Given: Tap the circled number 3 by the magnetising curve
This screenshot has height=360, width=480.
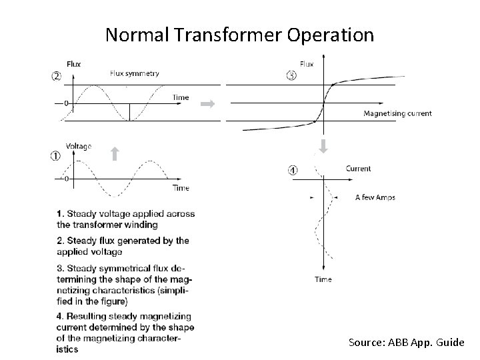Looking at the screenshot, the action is pos(292,75).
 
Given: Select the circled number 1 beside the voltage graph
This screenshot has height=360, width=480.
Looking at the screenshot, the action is pos(56,156).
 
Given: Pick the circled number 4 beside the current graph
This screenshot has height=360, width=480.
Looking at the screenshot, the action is pos(293,170).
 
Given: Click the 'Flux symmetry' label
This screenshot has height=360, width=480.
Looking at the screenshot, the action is pos(134,73).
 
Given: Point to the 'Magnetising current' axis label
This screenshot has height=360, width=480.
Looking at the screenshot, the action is pos(397,113).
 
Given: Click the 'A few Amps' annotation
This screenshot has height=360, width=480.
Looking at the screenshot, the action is pos(375,197).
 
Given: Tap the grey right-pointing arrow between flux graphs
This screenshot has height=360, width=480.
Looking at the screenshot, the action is pos(207,104).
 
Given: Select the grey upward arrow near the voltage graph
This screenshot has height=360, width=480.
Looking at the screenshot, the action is pos(114,154).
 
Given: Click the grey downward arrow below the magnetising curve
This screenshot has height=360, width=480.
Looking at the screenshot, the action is pos(324,146).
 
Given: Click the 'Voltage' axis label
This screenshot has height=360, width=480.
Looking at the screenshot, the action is pos(79,146).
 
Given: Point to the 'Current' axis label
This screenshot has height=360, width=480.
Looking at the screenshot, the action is pos(358,169).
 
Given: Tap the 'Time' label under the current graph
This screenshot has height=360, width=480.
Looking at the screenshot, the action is pos(323,279).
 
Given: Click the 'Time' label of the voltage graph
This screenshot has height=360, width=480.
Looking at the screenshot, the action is pos(181,188).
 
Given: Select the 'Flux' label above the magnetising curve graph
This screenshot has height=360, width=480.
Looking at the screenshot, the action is pos(307,64).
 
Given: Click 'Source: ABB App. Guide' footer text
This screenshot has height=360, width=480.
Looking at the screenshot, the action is pos(406,342).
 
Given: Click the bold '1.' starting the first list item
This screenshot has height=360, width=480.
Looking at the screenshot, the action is pos(61,213).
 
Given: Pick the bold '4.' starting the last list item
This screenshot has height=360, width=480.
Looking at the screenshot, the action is pos(61,316).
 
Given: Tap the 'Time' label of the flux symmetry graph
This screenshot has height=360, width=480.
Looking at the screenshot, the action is pos(181,97).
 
